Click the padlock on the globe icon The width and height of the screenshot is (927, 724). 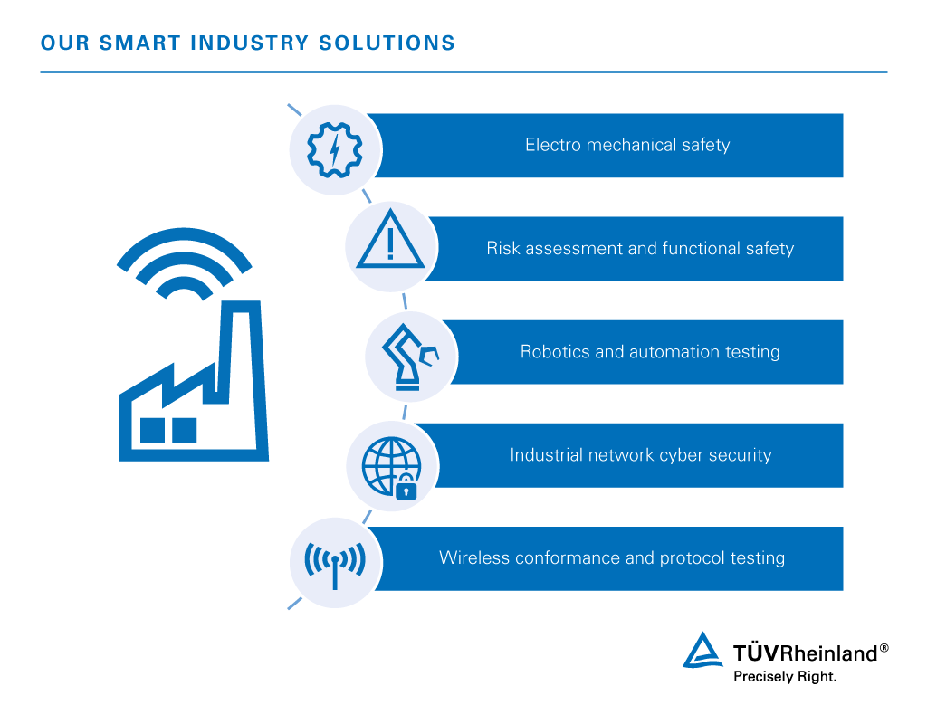[x=406, y=487]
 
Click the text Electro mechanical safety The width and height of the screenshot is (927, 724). [x=626, y=145]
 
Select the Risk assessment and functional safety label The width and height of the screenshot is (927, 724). [x=639, y=248]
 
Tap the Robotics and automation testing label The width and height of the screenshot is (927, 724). [x=649, y=351]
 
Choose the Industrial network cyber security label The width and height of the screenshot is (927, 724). [x=640, y=454]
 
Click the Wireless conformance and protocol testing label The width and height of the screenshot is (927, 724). [x=611, y=557]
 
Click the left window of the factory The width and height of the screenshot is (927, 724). [x=152, y=430]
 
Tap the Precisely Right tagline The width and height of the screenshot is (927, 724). [x=784, y=676]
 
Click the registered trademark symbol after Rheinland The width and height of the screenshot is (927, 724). [x=884, y=648]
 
